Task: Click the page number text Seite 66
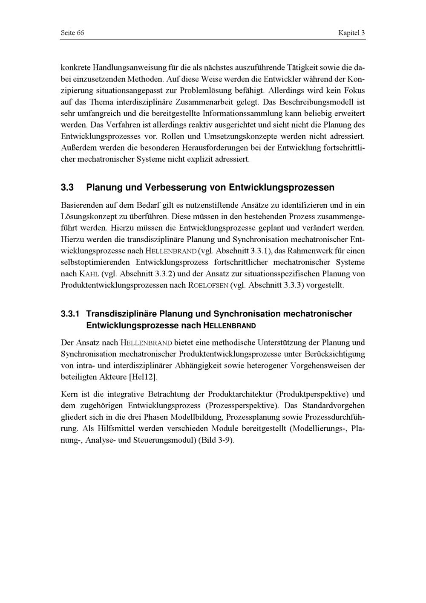tap(72, 33)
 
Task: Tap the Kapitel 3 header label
tap(351, 33)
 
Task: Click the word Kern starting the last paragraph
tap(69, 394)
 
